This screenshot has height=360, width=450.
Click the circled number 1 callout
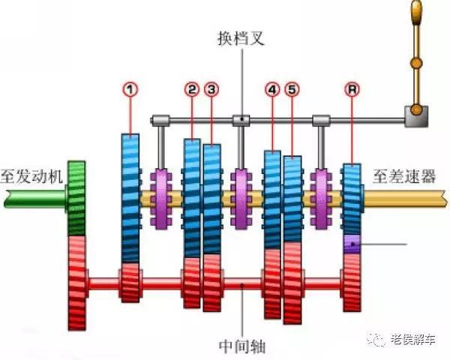131,89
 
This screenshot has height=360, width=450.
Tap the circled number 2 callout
193,89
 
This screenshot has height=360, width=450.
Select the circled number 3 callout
213,89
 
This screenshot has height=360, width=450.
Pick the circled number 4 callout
271,89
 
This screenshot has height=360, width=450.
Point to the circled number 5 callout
292,89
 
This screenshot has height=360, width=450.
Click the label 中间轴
241,346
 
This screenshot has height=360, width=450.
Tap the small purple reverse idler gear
352,244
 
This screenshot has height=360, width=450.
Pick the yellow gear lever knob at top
416,12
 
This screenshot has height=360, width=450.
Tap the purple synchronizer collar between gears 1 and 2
162,198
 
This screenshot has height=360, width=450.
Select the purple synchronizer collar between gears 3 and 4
241,198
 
